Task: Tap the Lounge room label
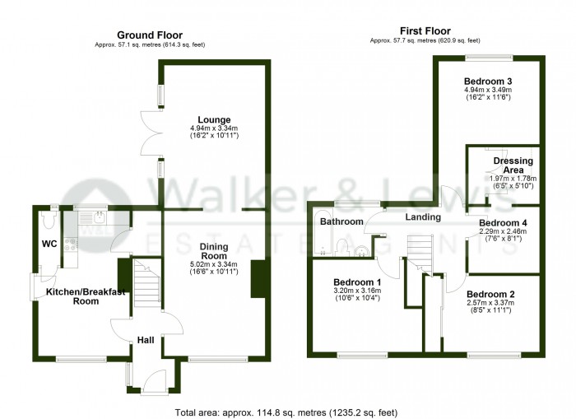click(x=213, y=119)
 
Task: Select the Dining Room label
click(x=214, y=250)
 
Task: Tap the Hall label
click(x=146, y=340)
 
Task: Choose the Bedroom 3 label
click(x=488, y=81)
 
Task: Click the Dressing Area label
click(x=513, y=165)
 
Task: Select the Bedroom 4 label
click(x=503, y=222)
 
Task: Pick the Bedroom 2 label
click(x=490, y=295)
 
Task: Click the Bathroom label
click(x=341, y=222)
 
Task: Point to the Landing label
click(x=423, y=217)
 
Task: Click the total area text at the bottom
click(x=287, y=411)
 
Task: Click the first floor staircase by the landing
click(x=420, y=252)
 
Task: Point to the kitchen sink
click(x=98, y=218)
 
